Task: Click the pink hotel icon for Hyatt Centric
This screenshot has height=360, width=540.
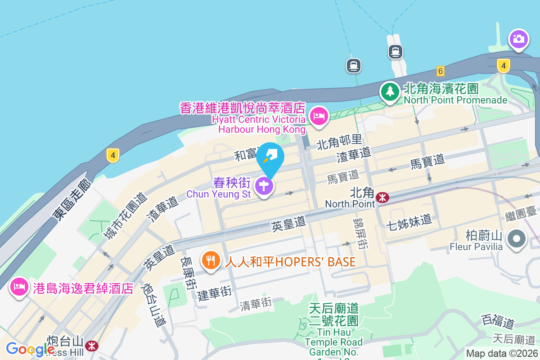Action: click(319, 116)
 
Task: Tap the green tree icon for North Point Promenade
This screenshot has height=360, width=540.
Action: click(390, 91)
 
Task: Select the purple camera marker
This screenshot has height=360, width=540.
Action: click(518, 39)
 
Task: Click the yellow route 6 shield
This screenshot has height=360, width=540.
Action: click(440, 71)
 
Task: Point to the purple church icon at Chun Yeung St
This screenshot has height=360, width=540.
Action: click(264, 185)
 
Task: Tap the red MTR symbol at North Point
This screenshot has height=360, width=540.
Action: click(383, 197)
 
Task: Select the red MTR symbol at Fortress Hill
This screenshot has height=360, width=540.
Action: click(92, 346)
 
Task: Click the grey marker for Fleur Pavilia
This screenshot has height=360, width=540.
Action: click(517, 238)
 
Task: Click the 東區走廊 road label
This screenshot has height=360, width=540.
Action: click(72, 200)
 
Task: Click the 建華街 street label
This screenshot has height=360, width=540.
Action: click(214, 293)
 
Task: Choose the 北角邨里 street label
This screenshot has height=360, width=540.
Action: click(339, 143)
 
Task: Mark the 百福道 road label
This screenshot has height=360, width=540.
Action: click(497, 322)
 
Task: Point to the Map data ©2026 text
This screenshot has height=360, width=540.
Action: click(501, 353)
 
